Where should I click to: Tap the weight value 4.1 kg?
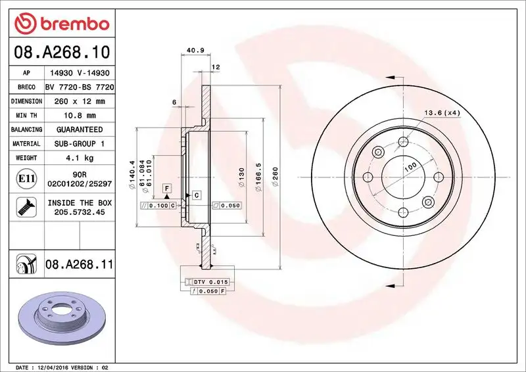(80, 158)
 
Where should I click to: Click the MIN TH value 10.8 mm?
(80, 116)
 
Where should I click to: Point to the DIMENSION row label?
(27, 101)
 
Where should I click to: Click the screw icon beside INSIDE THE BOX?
(26, 208)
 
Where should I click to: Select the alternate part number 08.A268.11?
(80, 266)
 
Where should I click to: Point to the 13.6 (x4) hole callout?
(441, 113)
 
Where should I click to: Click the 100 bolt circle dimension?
(410, 168)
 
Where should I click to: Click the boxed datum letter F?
(167, 188)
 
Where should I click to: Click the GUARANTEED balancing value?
(80, 129)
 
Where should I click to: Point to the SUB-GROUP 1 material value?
(80, 143)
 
